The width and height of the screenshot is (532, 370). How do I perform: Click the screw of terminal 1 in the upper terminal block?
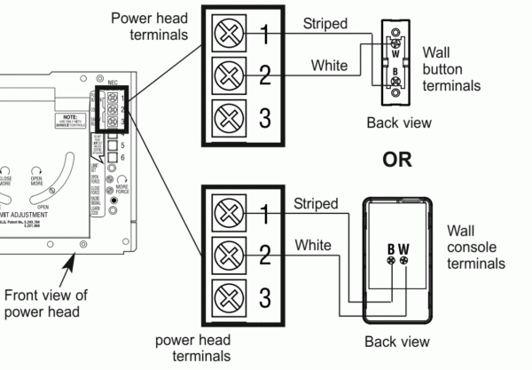click(x=228, y=35)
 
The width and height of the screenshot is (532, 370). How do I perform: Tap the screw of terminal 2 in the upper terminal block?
click(x=228, y=75)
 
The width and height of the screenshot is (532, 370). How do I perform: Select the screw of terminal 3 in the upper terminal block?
click(x=228, y=116)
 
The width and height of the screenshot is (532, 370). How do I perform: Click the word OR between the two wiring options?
click(x=396, y=162)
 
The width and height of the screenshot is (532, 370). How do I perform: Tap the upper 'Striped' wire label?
click(x=326, y=25)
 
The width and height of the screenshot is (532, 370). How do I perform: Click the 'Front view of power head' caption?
click(x=44, y=304)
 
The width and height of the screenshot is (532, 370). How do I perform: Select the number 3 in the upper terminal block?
click(x=264, y=116)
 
